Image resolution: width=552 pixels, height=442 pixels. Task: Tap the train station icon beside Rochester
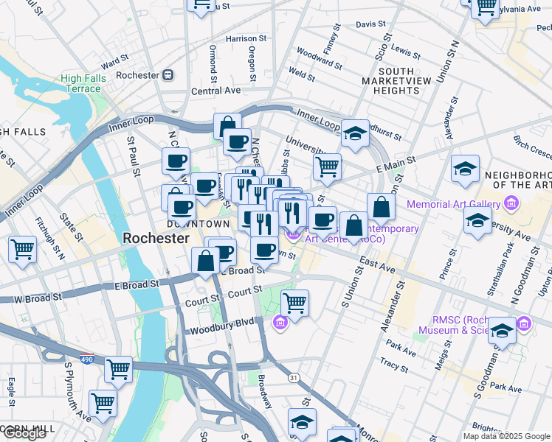(168, 75)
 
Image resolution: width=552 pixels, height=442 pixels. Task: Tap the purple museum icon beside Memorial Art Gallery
(509, 203)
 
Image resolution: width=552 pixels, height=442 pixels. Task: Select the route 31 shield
(294, 378)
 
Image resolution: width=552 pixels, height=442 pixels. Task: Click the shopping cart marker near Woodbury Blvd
(295, 302)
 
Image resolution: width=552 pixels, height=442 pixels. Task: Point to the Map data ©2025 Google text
(506, 436)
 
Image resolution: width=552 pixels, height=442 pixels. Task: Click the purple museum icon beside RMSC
(524, 323)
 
